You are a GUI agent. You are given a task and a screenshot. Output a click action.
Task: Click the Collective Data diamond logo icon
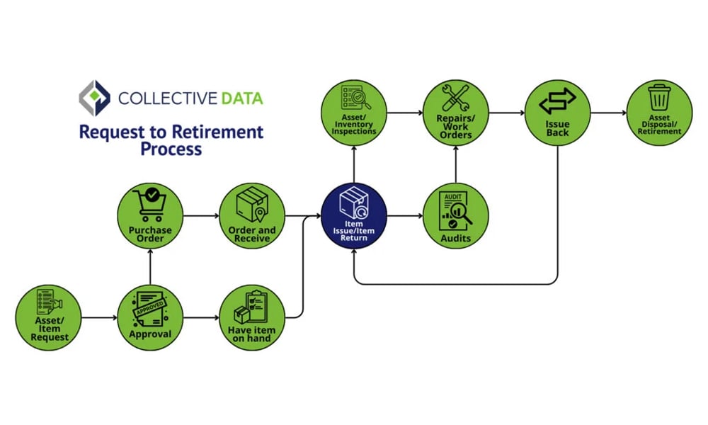[x=94, y=98]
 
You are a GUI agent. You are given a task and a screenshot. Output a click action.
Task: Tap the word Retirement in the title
[x=223, y=132]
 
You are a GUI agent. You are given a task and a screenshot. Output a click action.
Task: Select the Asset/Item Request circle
[x=49, y=317]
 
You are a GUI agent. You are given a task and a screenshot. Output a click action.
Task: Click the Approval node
[x=150, y=317]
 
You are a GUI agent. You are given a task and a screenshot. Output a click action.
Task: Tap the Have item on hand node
[x=251, y=317]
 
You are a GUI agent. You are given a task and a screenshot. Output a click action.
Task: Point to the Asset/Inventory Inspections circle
[x=354, y=113]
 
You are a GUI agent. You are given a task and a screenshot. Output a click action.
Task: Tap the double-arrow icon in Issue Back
[x=558, y=101]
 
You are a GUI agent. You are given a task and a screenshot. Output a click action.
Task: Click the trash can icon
[x=659, y=97]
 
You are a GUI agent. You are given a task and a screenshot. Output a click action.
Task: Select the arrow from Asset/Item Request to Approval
[x=99, y=317]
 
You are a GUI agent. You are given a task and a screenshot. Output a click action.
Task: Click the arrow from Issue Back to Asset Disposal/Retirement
[x=609, y=113]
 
